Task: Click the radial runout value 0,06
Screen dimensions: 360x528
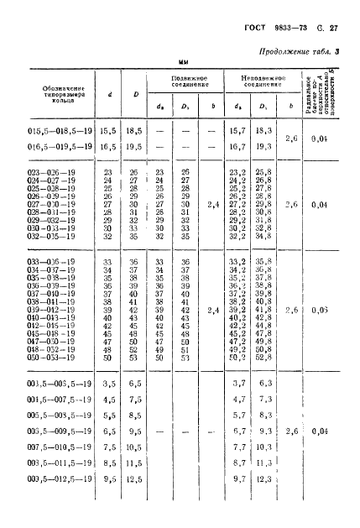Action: pos(320,310)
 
